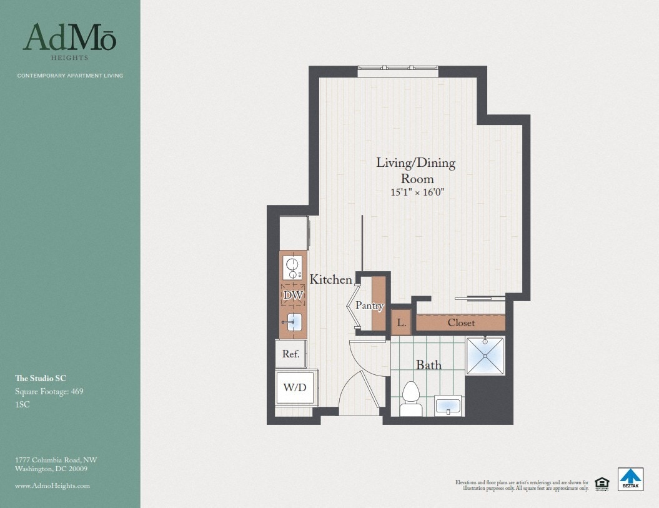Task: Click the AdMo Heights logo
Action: tap(69, 41)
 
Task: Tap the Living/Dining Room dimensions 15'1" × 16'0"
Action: tap(417, 192)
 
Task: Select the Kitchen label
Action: tap(330, 280)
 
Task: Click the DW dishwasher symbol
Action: tap(292, 295)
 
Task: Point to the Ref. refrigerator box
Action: tap(291, 354)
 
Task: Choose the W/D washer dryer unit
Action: tap(295, 387)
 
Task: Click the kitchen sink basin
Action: tap(293, 323)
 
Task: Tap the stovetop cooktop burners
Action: tap(292, 267)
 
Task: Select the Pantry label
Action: tap(369, 306)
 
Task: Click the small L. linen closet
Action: tap(401, 323)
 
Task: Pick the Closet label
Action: tap(461, 323)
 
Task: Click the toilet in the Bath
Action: tap(410, 398)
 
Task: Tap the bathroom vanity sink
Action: tap(448, 406)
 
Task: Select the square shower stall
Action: tap(485, 356)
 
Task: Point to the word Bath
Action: tap(429, 365)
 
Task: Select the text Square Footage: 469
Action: tap(49, 392)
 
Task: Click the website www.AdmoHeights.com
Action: tap(52, 486)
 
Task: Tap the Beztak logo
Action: tap(631, 479)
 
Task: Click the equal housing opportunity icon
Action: tap(602, 482)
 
